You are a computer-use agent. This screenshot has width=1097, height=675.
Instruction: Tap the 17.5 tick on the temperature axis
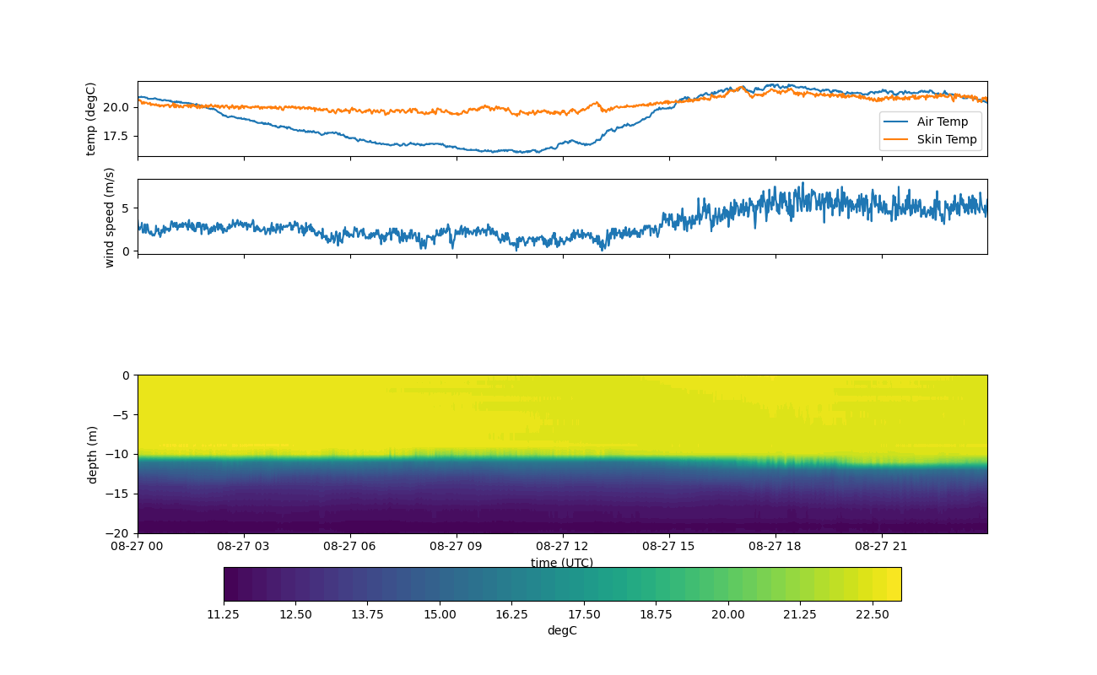point(118,136)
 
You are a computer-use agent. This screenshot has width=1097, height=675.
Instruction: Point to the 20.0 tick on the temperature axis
point(118,107)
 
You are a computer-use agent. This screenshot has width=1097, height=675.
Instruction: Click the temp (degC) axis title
point(91,119)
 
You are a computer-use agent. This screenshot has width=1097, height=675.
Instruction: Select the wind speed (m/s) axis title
point(109,217)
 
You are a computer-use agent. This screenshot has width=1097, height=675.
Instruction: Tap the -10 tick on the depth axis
point(120,454)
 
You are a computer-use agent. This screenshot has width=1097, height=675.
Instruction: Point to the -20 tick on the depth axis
point(120,533)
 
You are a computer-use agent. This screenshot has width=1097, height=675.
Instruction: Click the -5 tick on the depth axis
point(122,414)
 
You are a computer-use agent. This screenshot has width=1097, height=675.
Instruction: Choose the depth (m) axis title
point(92,455)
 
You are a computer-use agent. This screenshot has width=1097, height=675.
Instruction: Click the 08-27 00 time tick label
point(138,546)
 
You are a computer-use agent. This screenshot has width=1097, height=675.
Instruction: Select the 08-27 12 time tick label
point(563,546)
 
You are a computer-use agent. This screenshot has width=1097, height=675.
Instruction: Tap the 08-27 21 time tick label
point(882,546)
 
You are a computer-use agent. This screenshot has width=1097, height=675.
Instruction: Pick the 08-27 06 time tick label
point(350,546)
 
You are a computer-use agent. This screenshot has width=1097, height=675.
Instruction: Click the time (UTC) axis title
point(562,563)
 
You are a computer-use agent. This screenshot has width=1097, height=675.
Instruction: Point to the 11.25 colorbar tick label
point(224,614)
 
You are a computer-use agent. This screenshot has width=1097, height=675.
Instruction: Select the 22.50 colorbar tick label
point(872,614)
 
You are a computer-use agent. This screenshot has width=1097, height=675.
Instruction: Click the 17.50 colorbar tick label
point(584,614)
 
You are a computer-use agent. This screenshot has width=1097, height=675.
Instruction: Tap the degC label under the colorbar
point(562,630)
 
